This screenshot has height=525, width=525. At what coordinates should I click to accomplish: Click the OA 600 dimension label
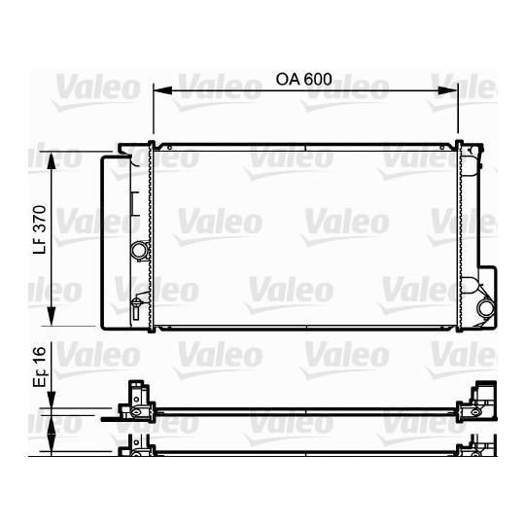[x=303, y=79]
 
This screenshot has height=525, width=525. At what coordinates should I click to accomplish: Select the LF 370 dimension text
[x=40, y=229]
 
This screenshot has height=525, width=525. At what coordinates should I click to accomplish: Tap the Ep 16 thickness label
[x=40, y=367]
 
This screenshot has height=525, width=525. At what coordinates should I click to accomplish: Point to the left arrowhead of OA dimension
[x=162, y=90]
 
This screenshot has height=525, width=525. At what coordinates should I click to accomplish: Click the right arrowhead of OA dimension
[x=447, y=90]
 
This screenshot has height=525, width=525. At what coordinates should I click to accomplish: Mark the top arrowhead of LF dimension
[x=51, y=161]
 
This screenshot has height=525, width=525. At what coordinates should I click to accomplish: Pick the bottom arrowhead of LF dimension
[x=51, y=316]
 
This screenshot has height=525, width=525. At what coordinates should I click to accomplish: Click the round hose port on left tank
[x=140, y=250]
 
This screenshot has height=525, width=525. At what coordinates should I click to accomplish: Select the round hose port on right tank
[x=486, y=307]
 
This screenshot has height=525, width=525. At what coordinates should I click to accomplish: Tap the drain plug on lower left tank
[x=136, y=307]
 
